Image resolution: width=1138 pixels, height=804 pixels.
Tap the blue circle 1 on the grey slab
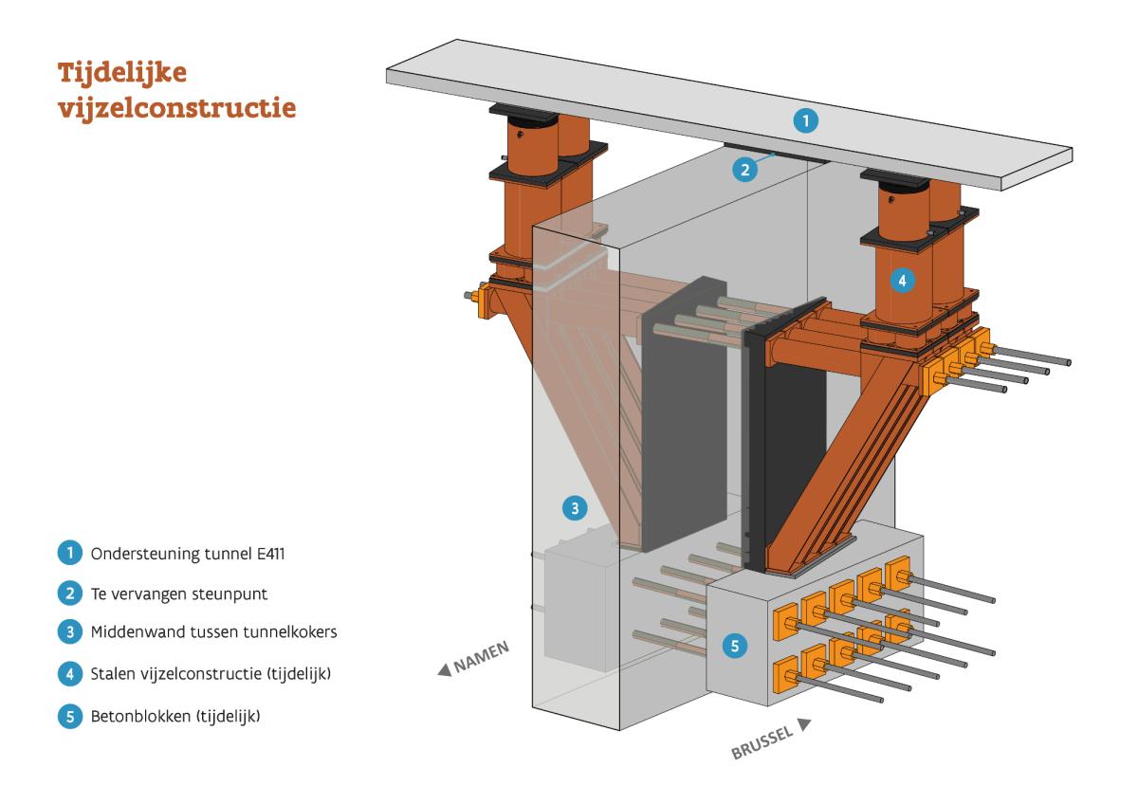pos(805,120)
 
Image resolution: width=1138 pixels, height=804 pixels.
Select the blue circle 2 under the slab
pos(745,170)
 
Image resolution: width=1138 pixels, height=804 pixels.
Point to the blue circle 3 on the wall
pos(572,508)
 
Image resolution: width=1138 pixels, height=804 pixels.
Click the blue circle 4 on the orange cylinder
pos(903,281)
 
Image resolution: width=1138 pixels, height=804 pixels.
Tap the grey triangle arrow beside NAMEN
pos(443,671)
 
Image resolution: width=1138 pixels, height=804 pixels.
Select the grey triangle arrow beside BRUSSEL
pos(805,725)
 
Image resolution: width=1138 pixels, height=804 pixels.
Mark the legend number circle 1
pos(69,552)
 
